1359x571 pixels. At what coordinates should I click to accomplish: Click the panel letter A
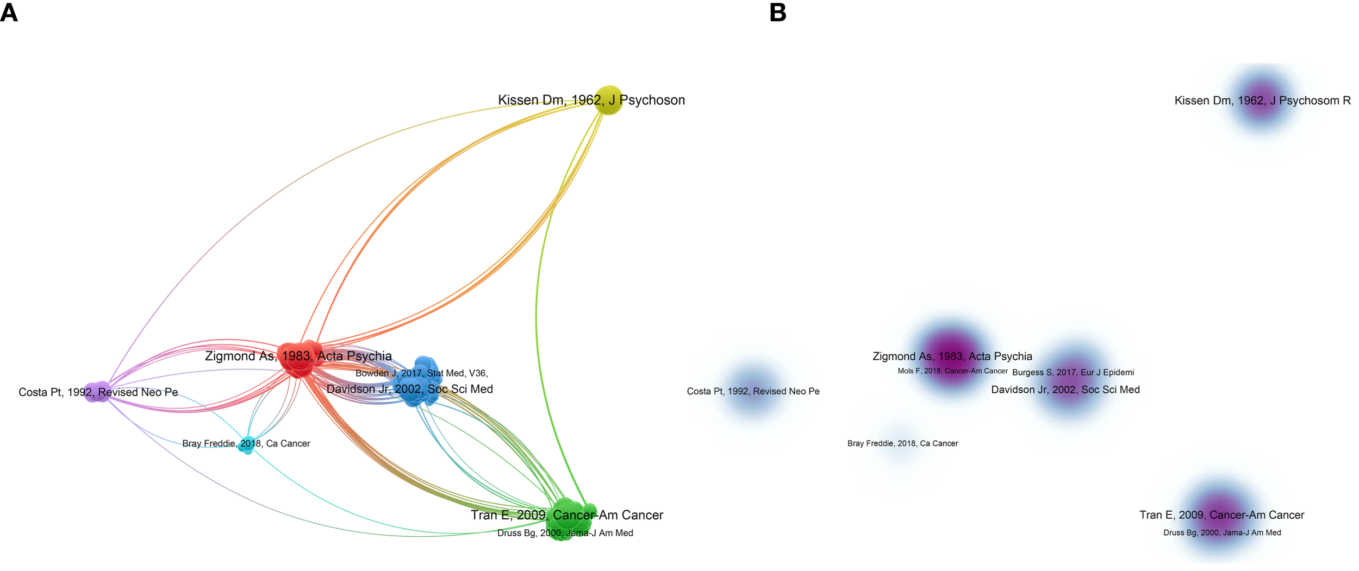click(9, 12)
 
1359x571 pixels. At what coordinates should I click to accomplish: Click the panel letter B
click(778, 12)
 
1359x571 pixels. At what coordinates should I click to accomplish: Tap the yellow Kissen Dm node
click(608, 101)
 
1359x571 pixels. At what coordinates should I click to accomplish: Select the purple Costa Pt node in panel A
click(97, 392)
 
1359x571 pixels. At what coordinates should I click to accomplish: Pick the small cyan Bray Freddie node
click(247, 444)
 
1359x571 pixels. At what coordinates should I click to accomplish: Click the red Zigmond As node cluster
click(297, 359)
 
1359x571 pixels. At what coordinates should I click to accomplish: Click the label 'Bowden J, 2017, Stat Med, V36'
click(421, 373)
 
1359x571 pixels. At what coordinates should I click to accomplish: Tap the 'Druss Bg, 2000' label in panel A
click(565, 533)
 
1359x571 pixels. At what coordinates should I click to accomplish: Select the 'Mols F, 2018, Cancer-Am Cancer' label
click(952, 371)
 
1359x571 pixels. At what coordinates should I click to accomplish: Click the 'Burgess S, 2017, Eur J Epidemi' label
click(1073, 372)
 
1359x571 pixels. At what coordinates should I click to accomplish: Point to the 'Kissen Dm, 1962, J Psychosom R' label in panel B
click(1262, 101)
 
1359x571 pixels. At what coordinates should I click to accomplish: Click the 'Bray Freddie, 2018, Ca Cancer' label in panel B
click(902, 443)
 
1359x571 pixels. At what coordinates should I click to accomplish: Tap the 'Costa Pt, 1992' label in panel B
click(753, 391)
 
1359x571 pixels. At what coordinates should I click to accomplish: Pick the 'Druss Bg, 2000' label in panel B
click(1221, 532)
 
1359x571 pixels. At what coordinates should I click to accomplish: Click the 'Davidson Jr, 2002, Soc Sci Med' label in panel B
click(1065, 390)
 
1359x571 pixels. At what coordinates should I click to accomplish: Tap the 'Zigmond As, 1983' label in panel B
click(952, 356)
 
